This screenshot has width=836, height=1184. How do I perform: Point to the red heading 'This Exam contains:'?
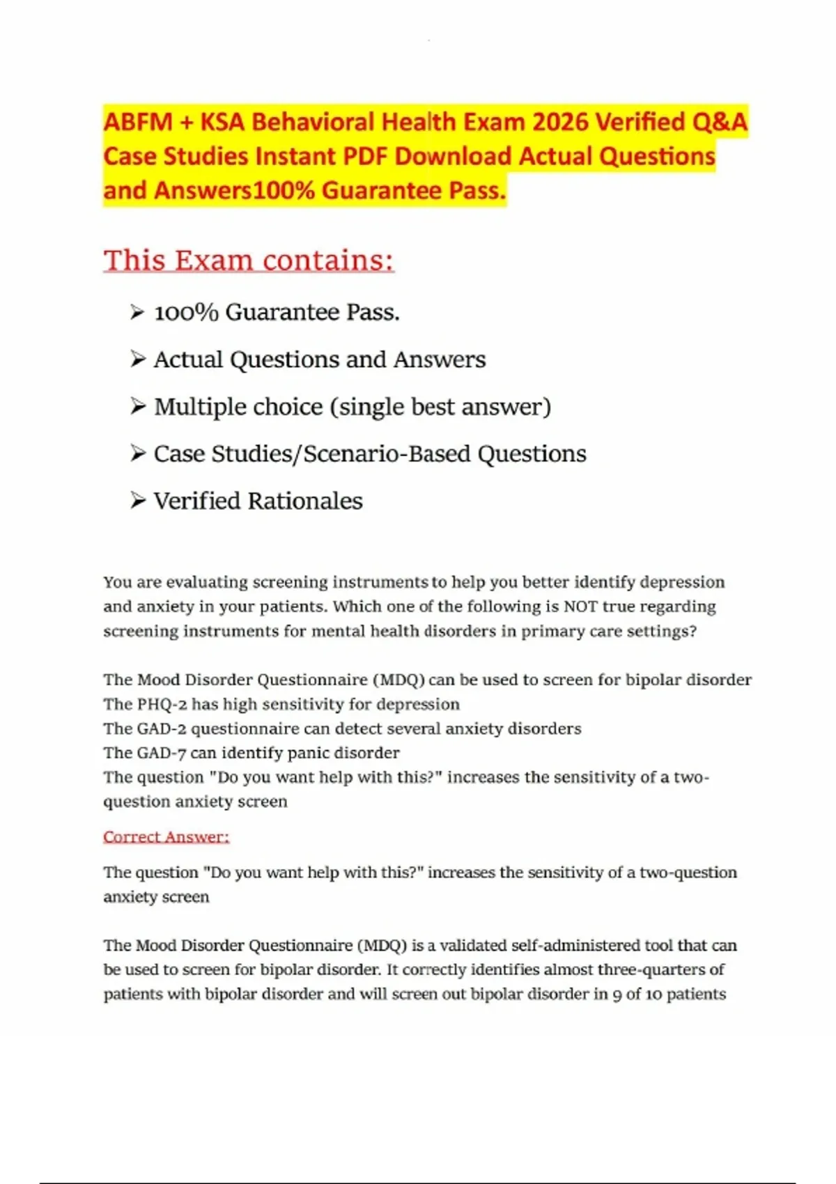click(x=249, y=260)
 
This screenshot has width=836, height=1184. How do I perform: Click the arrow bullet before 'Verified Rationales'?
click(x=138, y=500)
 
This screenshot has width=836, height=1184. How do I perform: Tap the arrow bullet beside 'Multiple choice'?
click(x=138, y=406)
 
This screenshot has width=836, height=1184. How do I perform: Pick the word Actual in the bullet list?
click(x=189, y=359)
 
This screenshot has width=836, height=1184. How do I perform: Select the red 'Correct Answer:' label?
click(x=166, y=836)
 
